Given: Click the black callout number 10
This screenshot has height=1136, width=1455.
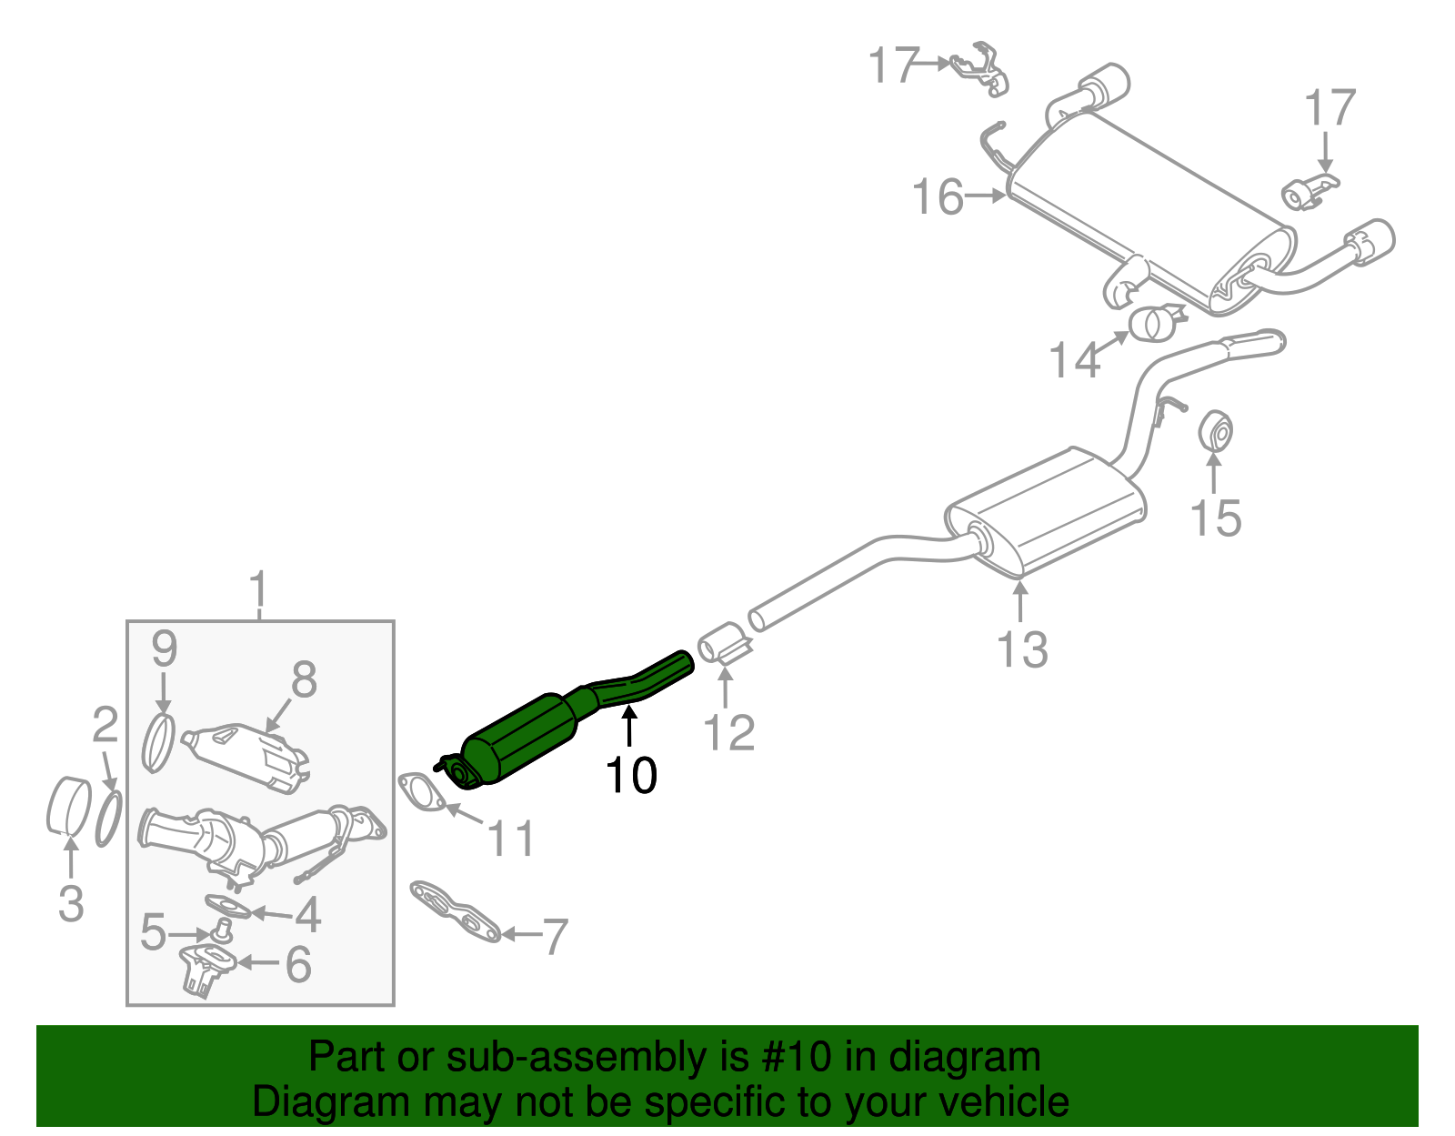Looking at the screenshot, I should [631, 775].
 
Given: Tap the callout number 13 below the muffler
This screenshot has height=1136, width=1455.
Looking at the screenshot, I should [1022, 649].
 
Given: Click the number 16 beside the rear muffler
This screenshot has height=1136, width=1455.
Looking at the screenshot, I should [938, 197].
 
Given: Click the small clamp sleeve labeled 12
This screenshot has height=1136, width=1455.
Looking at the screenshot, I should [724, 643].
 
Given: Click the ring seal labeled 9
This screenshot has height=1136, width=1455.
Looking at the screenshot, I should [159, 743].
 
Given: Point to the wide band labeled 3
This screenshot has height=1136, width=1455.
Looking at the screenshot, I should [67, 806].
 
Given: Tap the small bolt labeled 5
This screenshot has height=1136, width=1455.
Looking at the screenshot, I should [221, 930].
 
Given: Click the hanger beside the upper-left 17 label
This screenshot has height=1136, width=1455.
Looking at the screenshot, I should [980, 68].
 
